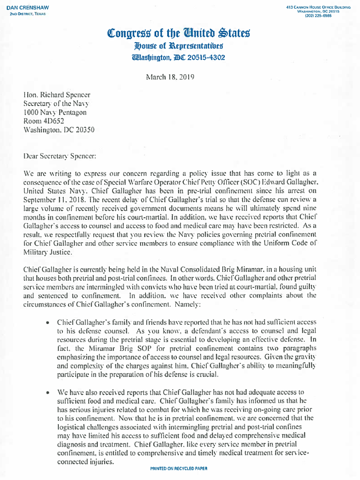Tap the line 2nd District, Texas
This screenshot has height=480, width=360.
[x=28, y=14]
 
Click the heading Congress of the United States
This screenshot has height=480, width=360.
[x=179, y=33]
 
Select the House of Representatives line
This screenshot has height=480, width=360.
[x=179, y=46]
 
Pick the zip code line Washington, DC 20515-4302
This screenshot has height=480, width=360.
[x=179, y=58]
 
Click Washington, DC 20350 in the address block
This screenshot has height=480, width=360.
[x=59, y=130]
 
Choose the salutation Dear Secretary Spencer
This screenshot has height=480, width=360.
[x=60, y=156]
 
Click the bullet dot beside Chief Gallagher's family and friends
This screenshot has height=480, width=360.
[x=48, y=324]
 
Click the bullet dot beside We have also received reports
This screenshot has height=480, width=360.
[x=48, y=393]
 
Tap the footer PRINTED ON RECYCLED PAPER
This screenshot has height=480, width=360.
[x=179, y=469]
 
